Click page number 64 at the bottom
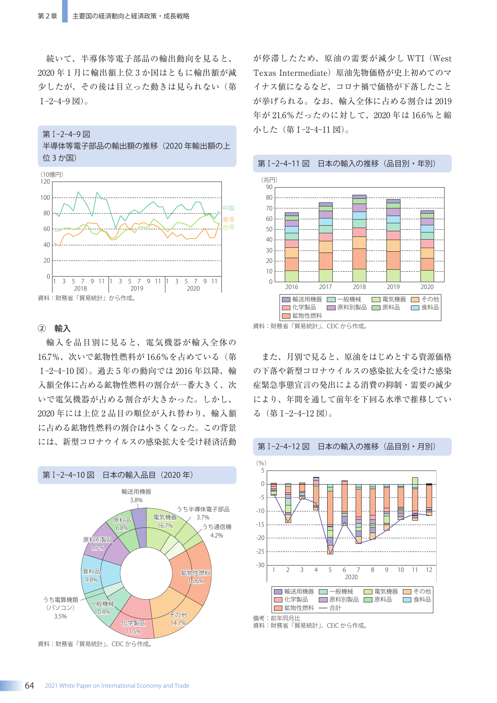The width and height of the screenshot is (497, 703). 30,685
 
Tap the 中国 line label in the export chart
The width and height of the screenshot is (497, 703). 228,208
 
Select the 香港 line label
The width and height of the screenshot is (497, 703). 228,219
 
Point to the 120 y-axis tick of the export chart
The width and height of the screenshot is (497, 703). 45,182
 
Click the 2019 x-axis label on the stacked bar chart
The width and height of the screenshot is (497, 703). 393,287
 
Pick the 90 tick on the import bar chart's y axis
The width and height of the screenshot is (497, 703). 269,187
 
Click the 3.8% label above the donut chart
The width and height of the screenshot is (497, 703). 136,500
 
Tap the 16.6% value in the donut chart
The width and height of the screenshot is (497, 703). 196,581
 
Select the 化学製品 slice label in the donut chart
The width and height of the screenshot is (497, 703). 133,623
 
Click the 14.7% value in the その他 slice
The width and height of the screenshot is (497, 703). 178,623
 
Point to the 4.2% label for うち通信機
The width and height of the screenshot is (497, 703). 217,535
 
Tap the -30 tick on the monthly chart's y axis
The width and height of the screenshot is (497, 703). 260,565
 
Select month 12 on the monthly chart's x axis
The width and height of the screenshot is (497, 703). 429,570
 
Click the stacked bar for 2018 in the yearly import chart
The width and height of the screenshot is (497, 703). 359,238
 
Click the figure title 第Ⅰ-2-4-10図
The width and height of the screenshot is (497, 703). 68,475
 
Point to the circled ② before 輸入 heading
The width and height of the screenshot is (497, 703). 42,329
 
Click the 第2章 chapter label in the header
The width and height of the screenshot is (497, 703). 47,16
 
